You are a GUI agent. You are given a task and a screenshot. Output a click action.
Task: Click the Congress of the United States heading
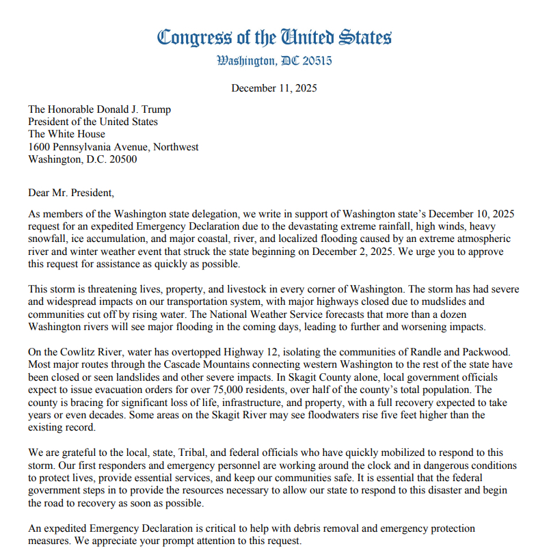(x=274, y=37)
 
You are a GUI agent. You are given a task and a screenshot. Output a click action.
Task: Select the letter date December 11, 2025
(x=274, y=88)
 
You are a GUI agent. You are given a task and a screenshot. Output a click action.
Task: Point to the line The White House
(x=66, y=134)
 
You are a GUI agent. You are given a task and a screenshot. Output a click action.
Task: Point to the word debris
(x=321, y=528)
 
